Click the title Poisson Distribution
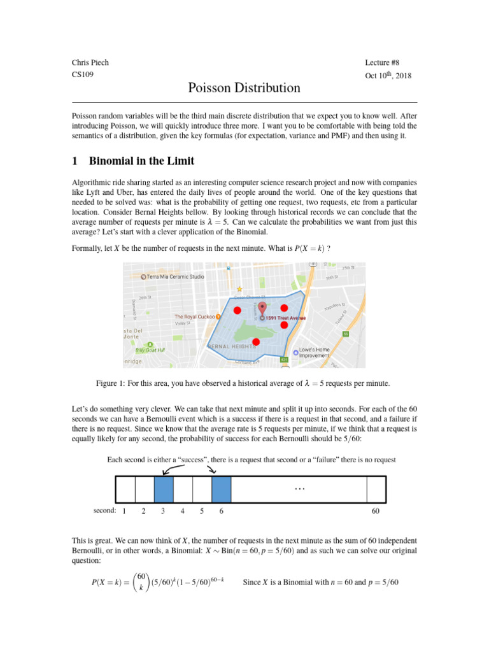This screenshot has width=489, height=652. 244,88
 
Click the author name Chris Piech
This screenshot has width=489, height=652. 91,62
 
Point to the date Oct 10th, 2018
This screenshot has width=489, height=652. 388,75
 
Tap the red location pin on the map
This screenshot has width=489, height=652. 263,309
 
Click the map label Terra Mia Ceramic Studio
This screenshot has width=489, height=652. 175,276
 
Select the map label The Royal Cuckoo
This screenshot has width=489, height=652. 195,316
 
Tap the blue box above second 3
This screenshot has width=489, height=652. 164,490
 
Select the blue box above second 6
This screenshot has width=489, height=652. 221,490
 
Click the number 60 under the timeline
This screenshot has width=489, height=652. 376,511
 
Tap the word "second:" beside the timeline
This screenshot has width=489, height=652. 104,511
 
